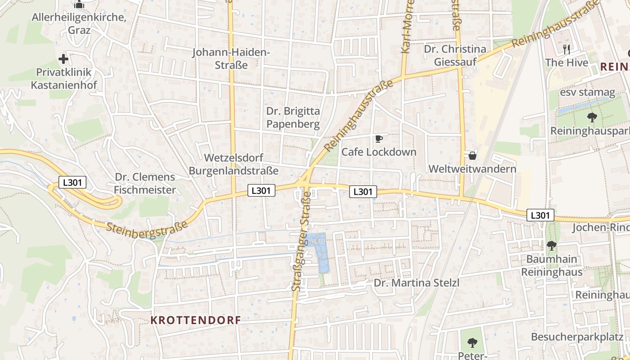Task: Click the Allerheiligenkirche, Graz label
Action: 79,24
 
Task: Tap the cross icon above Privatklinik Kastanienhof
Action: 63,59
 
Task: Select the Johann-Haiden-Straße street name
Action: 231,58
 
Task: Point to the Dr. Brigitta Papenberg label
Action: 293,117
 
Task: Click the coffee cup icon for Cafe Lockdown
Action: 379,139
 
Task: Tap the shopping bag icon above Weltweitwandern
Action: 472,156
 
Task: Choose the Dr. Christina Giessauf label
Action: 455,55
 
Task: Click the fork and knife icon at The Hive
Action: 567,49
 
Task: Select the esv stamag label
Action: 587,93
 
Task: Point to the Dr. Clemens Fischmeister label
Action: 144,183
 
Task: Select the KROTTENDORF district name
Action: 195,320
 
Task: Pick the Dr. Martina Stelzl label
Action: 417,283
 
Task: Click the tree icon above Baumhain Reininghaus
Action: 552,246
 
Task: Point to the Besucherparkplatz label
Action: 577,337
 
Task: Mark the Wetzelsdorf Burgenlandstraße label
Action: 233,164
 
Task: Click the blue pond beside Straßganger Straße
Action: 322,255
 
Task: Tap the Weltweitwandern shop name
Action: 472,169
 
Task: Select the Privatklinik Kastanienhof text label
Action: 63,78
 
